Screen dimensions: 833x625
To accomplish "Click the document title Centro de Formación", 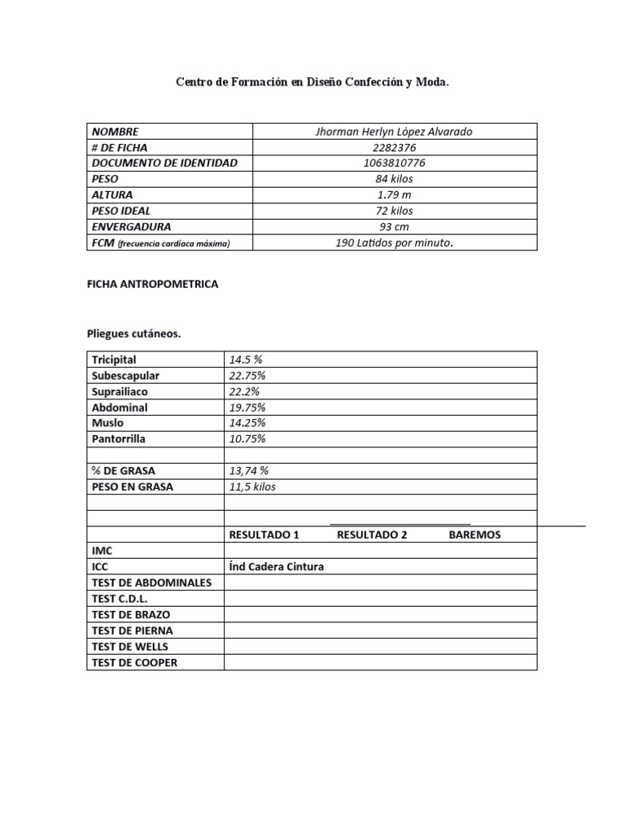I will pos(312,83).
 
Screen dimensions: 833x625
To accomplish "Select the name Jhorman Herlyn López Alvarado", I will pos(394,132).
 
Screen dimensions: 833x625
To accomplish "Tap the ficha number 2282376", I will pos(394,147).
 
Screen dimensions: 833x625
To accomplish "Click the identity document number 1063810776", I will pos(394,164).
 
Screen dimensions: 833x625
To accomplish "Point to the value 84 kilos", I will pos(394,179).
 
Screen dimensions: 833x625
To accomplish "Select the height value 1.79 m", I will pos(394,195).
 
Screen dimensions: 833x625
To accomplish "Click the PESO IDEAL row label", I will pos(120,211).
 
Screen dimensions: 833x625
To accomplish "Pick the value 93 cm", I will pos(394,227).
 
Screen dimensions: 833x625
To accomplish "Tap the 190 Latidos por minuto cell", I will pos(394,242).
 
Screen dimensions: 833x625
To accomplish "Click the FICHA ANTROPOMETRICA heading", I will pos(152,285).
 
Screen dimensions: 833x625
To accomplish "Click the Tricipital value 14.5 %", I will pos(246,360).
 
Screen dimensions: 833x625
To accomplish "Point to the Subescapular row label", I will pos(125,376).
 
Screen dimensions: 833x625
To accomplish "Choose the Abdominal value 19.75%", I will pos(247,408).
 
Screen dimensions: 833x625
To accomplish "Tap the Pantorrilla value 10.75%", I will pos(247,438).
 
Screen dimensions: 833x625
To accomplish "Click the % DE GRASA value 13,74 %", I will pos(249,471).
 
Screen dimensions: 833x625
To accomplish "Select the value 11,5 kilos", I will pos(252,486).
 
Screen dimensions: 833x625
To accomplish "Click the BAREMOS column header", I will pos(474,534).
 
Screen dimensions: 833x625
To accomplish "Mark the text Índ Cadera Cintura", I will pos(276,567).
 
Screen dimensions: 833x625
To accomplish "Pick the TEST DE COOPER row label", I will pos(134,662).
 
